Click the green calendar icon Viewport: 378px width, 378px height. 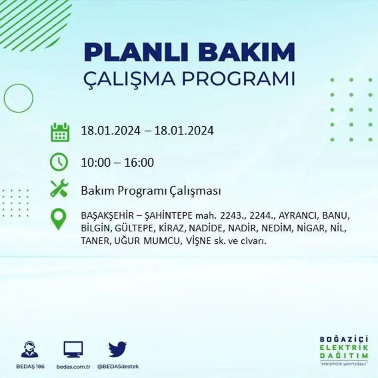[60, 132]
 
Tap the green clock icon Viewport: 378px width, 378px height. [59, 162]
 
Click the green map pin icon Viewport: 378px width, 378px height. [58, 219]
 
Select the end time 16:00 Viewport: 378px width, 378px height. [139, 163]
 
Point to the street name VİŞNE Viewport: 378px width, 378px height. [198, 241]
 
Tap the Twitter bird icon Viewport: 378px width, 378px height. [117, 349]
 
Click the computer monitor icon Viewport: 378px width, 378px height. [73, 349]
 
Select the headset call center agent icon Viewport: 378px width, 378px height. [30, 349]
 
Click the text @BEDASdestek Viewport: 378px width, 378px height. [118, 366]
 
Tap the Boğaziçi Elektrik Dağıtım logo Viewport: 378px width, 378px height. [344, 351]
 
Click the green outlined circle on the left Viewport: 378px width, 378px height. [18, 98]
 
